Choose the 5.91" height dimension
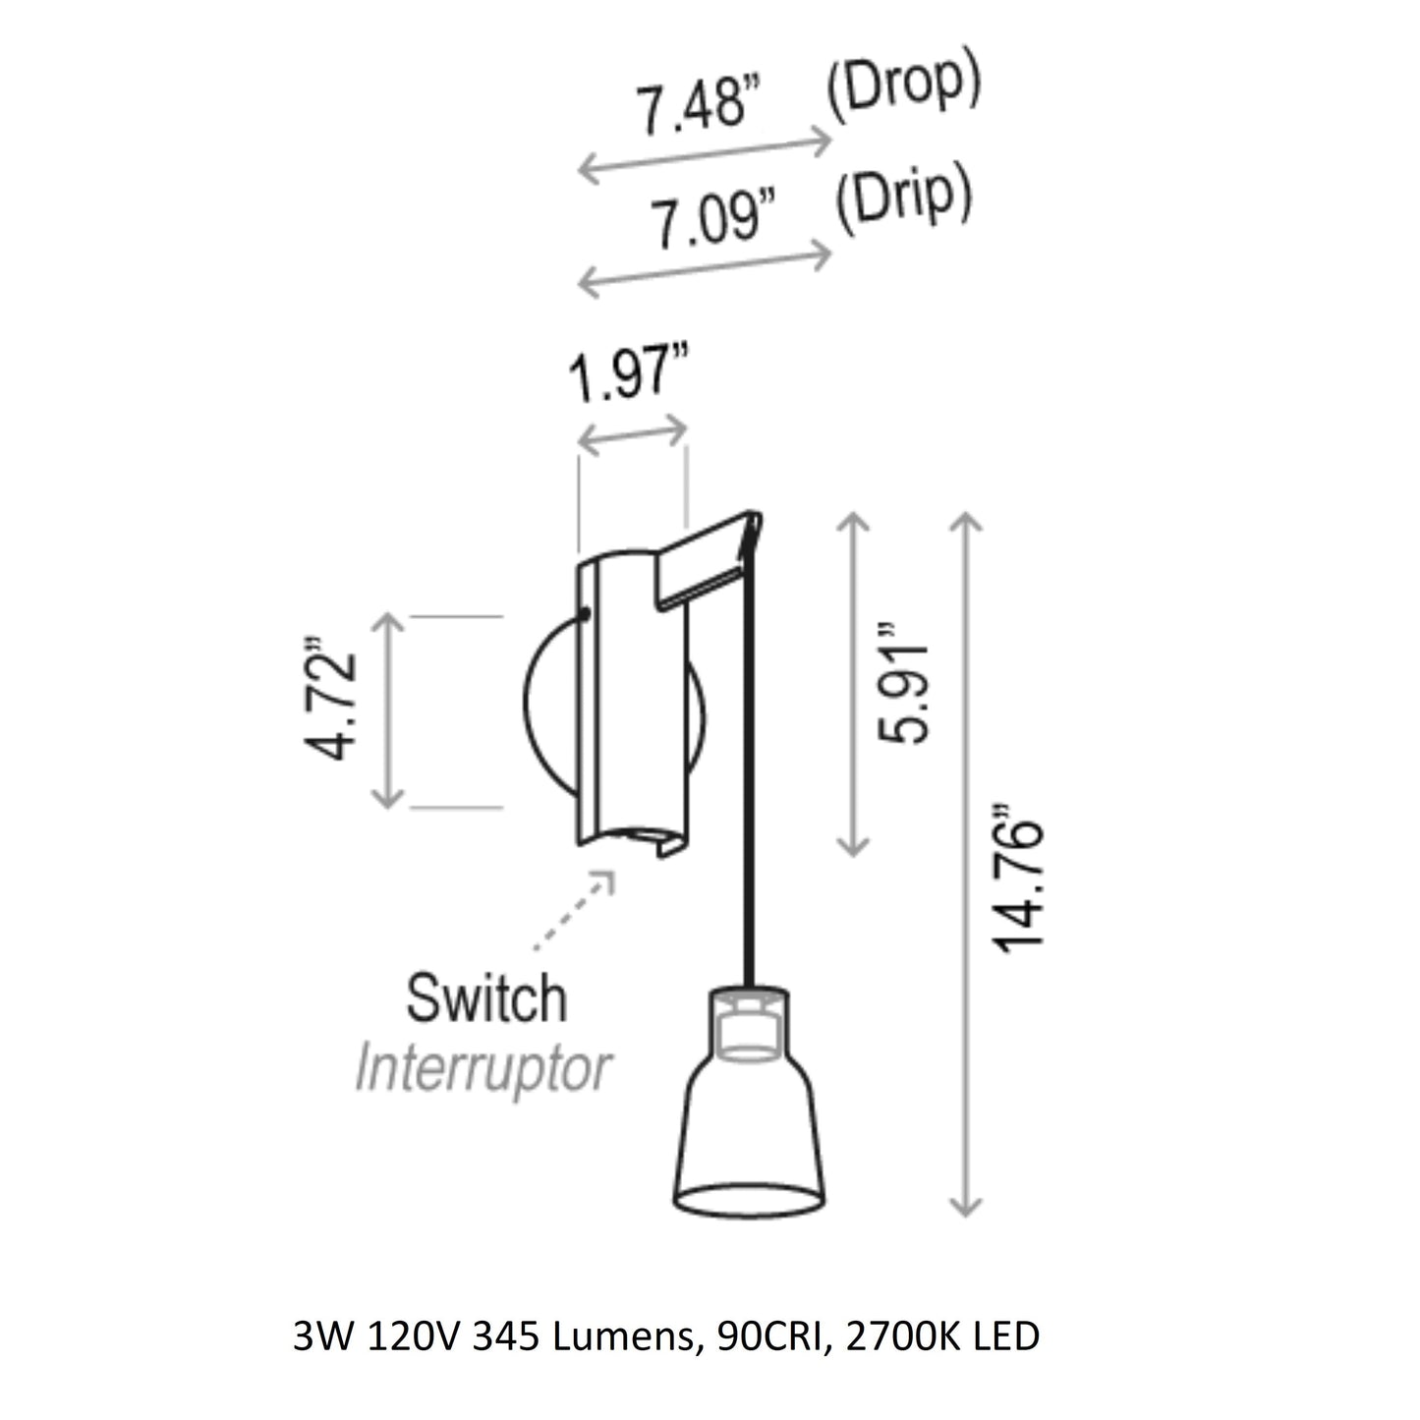[x=903, y=683]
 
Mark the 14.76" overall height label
[x=1018, y=877]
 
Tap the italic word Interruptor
[x=483, y=1070]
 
